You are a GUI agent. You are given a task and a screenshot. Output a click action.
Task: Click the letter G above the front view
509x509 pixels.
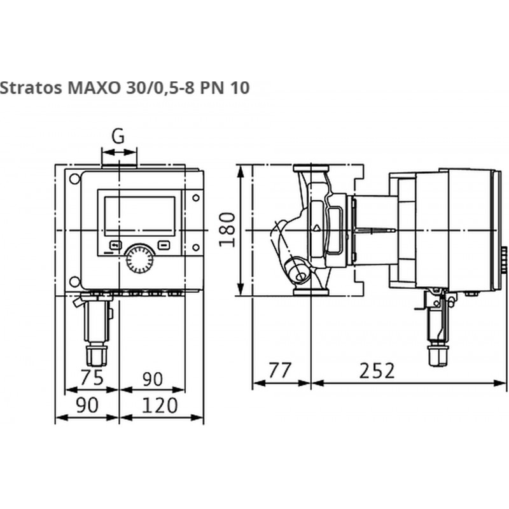point(118,136)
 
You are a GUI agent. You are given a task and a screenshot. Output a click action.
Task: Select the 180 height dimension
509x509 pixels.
point(227,230)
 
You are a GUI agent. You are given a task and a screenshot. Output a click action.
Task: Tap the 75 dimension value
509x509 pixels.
point(92,377)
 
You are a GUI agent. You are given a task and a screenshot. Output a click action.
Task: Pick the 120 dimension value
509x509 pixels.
point(160,405)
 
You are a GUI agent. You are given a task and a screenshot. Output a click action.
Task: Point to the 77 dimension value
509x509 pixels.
point(280,370)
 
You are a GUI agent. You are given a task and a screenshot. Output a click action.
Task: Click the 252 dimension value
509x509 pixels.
point(377,370)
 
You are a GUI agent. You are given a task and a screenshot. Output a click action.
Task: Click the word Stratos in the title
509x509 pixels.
point(31,88)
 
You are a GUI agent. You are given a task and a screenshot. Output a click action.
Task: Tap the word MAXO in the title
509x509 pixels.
point(94,88)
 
